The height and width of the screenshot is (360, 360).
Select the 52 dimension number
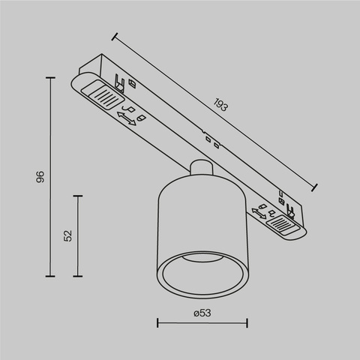(x=67, y=235)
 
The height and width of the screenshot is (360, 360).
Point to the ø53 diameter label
(x=201, y=313)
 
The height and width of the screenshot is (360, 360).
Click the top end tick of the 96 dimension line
(x=50, y=78)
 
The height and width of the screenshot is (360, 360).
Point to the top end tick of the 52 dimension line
(x=78, y=195)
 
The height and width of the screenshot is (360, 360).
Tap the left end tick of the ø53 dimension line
(x=157, y=323)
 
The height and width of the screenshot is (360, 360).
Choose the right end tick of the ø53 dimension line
(x=247, y=323)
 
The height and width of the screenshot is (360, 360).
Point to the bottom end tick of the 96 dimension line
(x=50, y=276)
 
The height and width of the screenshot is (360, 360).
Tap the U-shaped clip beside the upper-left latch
(x=117, y=79)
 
